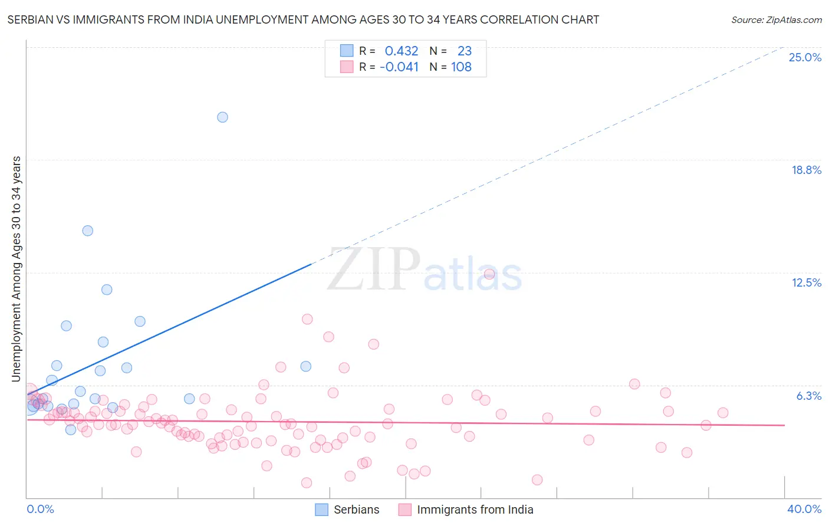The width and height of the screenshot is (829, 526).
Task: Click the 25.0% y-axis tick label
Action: click(805, 57)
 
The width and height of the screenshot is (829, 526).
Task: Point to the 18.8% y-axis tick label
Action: click(806, 170)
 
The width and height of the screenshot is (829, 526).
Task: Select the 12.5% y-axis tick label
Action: click(806, 282)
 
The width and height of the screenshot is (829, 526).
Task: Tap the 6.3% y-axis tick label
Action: click(808, 396)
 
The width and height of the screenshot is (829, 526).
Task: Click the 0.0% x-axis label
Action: click(40, 509)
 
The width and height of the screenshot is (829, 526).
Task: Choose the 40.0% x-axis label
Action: click(804, 509)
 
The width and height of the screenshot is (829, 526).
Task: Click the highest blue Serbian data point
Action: click(222, 117)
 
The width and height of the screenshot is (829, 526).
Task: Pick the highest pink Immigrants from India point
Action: click(489, 274)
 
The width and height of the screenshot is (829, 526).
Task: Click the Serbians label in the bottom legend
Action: click(356, 509)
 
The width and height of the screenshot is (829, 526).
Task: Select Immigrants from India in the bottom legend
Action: click(475, 509)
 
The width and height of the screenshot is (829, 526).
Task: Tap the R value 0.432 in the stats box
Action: click(401, 51)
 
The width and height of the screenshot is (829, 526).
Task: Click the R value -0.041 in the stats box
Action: click(399, 67)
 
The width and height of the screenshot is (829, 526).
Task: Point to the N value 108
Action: click(461, 67)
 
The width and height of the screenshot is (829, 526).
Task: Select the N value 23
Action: click(464, 51)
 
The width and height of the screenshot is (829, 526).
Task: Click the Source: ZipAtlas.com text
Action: click(776, 20)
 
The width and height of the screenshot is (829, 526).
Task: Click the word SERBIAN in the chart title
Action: click(29, 20)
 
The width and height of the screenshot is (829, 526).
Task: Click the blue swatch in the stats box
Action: click(346, 51)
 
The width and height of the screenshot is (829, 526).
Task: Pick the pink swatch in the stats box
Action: click(346, 67)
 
